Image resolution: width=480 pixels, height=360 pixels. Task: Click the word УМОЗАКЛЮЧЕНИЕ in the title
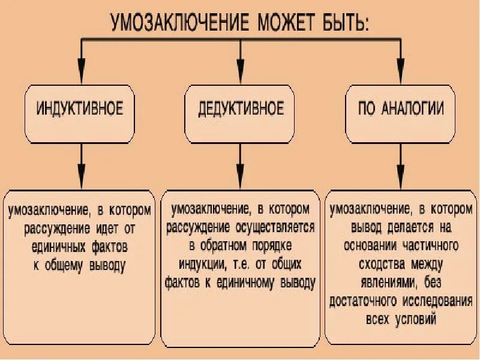pyautogui.click(x=180, y=22)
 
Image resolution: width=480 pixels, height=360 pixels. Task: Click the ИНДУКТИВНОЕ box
pyautogui.click(x=80, y=111)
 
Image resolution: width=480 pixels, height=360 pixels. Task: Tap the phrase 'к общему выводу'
pyautogui.click(x=80, y=265)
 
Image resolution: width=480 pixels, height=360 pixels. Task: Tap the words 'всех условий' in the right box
pyautogui.click(x=400, y=319)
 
